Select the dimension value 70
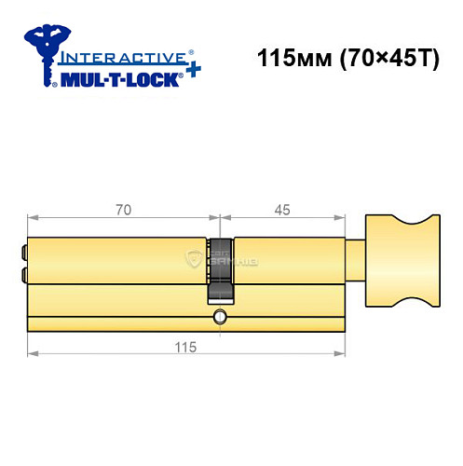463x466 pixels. [x=122, y=211]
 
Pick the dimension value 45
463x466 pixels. [x=282, y=211]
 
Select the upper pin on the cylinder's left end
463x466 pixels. [x=21, y=251]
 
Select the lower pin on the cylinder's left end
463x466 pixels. [x=21, y=273]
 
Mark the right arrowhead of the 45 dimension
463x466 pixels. [x=339, y=219]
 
